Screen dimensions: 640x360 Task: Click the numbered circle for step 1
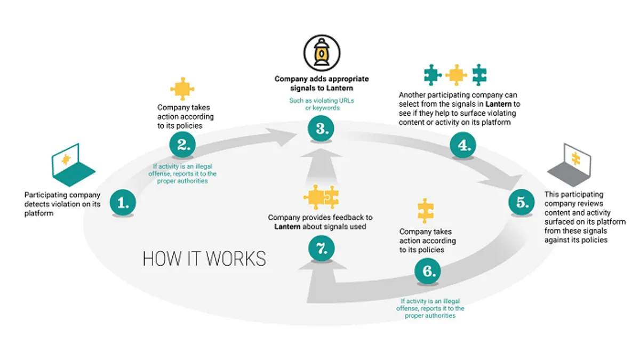[x=123, y=202]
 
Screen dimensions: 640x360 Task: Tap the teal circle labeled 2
[x=182, y=145]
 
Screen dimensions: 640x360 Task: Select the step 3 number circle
[x=321, y=129]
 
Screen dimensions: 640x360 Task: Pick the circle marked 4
[x=463, y=145]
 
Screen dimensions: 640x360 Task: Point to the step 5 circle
[x=522, y=202]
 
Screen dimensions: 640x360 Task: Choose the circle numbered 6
[x=428, y=271]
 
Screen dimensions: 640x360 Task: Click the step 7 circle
[x=322, y=248]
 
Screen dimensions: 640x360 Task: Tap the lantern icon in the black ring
[x=322, y=53]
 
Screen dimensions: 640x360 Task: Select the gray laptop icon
[x=569, y=165]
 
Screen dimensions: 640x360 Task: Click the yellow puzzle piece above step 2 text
[x=182, y=89]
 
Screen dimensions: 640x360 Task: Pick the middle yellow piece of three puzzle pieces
[x=457, y=75]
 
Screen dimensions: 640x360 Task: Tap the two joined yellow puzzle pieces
[x=321, y=197]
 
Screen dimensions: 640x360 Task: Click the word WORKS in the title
[x=236, y=259]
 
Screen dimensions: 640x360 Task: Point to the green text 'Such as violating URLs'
[x=322, y=101]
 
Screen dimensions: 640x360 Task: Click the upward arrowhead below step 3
[x=321, y=153]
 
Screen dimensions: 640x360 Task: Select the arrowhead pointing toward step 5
[x=503, y=182]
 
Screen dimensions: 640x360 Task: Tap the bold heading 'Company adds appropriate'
[x=322, y=79]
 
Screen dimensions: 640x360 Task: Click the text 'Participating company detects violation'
[x=62, y=199]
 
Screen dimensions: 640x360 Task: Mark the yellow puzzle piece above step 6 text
[x=426, y=211]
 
